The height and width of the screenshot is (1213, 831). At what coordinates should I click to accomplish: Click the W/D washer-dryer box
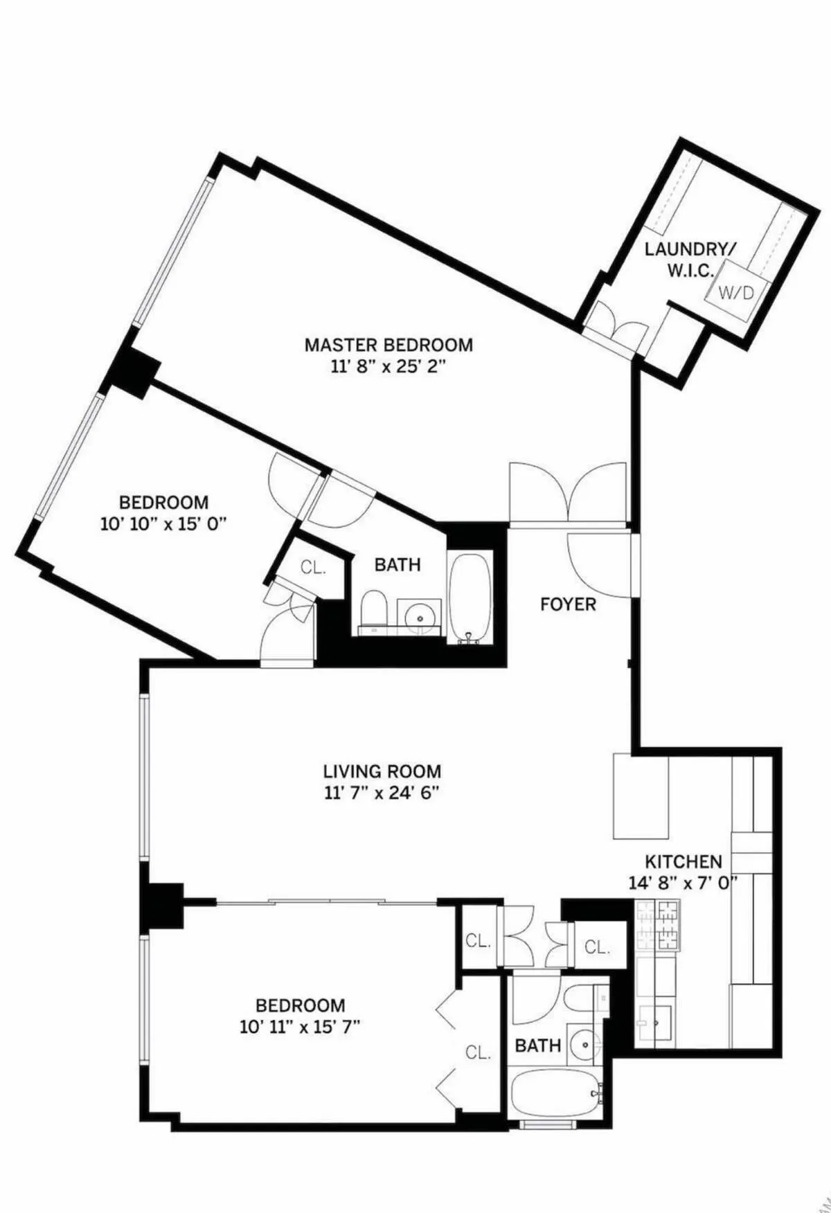coord(735,292)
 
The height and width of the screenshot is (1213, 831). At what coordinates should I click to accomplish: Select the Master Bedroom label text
coord(388,344)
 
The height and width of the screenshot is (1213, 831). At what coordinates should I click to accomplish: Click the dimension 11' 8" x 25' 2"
coord(388,366)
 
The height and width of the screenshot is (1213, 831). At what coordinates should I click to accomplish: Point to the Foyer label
coord(568,604)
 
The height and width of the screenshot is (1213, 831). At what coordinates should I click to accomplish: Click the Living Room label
coord(382,771)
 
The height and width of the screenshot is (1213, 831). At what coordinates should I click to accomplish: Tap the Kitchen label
coord(683,862)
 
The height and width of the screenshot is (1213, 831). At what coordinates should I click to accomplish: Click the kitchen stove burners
coord(657,926)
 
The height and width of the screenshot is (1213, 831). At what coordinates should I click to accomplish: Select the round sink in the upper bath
coord(419,613)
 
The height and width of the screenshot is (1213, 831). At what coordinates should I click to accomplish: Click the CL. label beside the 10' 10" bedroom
coord(313,568)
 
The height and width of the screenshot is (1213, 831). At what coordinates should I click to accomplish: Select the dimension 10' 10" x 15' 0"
coord(163,524)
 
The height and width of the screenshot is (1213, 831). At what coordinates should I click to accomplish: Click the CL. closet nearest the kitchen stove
coord(596,946)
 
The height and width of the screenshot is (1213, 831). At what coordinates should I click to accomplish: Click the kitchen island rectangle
coord(641,796)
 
